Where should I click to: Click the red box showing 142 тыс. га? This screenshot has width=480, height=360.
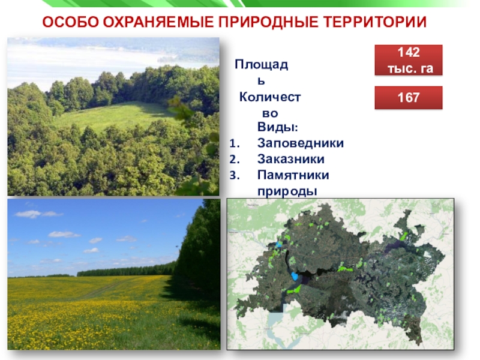click(409, 60)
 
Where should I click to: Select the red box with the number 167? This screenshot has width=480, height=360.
click(409, 98)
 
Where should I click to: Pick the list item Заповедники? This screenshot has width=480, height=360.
click(301, 143)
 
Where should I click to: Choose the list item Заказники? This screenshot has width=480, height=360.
click(290, 159)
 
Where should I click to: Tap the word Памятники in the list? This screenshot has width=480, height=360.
click(293, 175)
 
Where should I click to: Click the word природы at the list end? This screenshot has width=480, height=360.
click(287, 191)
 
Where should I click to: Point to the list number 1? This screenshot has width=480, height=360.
click(235, 143)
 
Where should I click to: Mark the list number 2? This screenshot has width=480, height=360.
click(235, 159)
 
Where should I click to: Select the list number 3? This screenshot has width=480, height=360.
click(235, 175)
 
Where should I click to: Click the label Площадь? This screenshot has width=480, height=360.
click(262, 73)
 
